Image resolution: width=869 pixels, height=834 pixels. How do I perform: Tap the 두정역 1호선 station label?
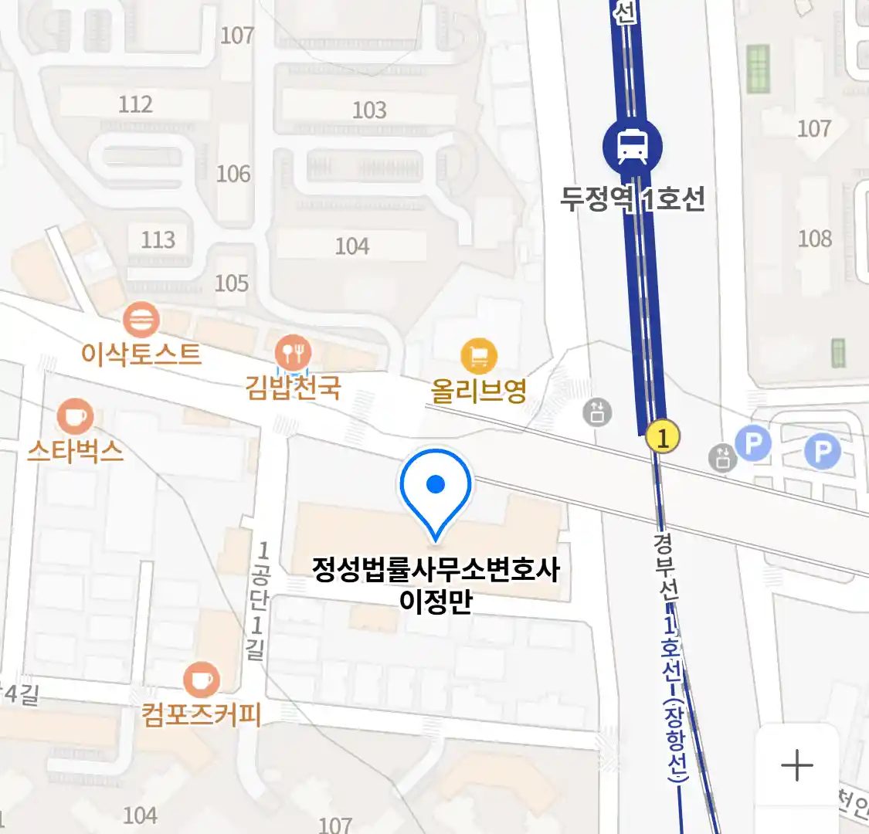(633, 199)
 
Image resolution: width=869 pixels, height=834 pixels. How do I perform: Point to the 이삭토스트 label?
(141, 354)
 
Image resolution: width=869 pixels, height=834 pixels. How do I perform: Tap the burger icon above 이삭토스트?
(141, 320)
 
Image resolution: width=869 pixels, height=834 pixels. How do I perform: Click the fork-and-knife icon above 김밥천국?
(293, 354)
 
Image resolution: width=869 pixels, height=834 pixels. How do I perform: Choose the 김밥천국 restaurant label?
(293, 386)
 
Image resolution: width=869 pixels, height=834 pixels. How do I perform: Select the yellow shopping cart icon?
(479, 356)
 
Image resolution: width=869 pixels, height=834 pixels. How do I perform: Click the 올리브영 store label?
(479, 391)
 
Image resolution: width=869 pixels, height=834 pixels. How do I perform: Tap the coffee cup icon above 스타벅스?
(75, 417)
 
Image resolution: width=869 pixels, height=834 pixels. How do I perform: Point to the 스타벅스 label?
(75, 450)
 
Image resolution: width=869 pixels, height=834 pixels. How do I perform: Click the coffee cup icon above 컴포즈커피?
(201, 680)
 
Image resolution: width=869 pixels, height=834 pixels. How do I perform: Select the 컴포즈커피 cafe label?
(201, 714)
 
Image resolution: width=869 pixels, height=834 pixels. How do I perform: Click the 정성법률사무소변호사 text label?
(436, 570)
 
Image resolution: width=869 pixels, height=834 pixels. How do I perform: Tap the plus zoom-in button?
(796, 766)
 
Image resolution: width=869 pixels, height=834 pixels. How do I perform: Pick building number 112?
(135, 104)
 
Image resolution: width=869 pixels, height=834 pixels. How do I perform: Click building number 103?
(369, 110)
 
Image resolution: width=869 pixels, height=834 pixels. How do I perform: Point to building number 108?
(815, 239)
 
